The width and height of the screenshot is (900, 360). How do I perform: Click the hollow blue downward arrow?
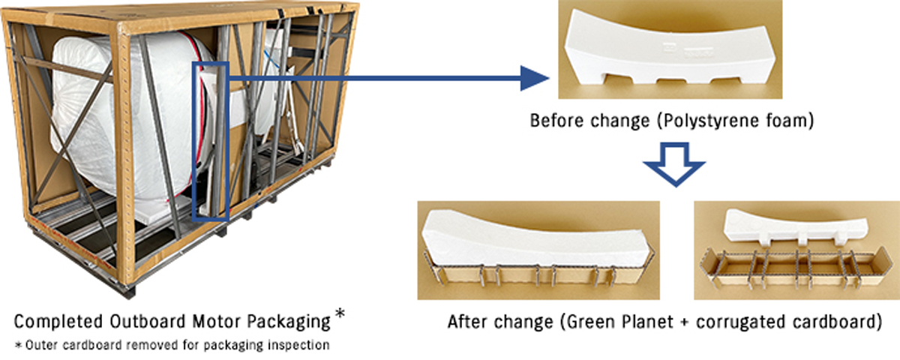[674, 164]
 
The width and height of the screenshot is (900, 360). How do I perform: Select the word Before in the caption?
[555, 121]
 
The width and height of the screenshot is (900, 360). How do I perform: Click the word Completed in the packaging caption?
[59, 322]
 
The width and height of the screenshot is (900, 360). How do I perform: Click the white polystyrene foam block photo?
[670, 49]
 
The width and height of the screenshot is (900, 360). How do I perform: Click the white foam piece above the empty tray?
[796, 228]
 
